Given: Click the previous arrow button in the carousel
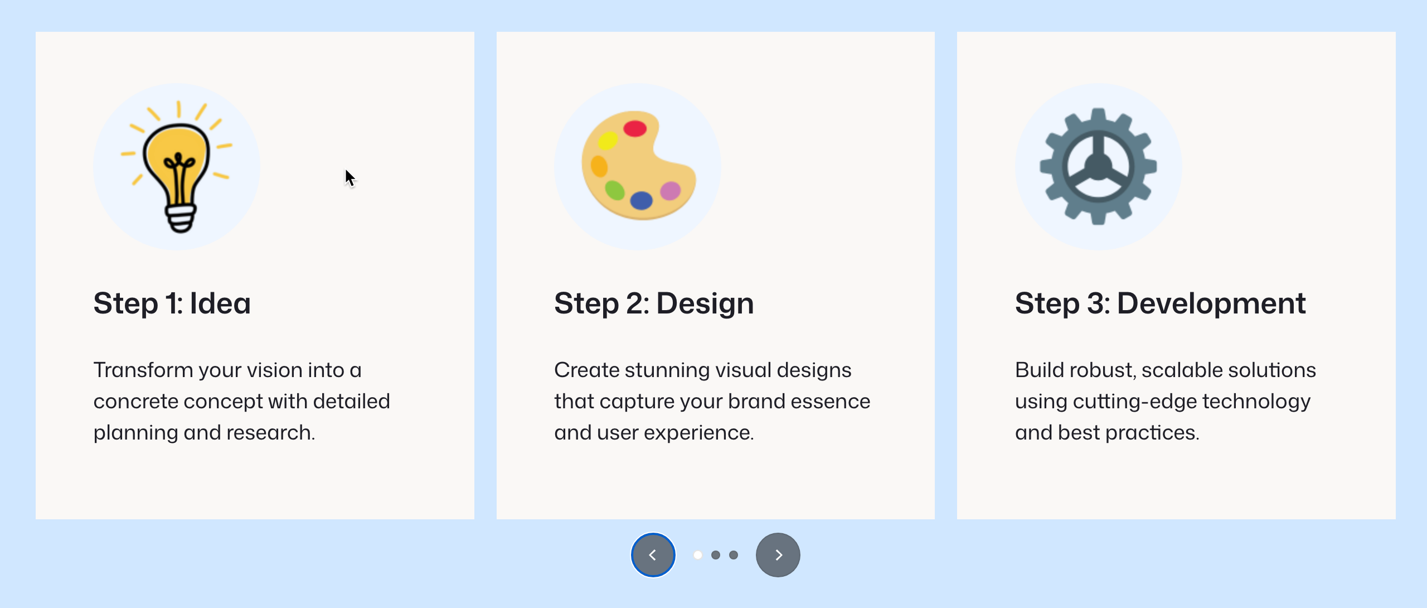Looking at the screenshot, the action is click(x=653, y=555).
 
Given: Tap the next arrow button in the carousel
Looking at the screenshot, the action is click(x=778, y=555).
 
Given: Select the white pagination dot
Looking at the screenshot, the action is click(x=698, y=555).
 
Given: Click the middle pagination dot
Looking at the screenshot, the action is click(x=716, y=555).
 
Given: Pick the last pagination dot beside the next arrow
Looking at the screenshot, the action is click(x=734, y=555).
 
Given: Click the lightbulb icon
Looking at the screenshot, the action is click(x=177, y=167).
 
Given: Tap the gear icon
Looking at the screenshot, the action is click(x=1098, y=166).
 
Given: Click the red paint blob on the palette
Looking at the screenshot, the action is click(x=635, y=129).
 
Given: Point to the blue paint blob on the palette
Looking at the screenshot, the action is click(x=642, y=200).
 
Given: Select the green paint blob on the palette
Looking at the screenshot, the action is click(x=615, y=190).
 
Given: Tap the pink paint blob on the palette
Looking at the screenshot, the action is click(x=671, y=191).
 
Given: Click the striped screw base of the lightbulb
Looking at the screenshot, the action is click(x=181, y=219).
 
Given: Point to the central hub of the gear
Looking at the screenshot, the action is click(x=1098, y=166).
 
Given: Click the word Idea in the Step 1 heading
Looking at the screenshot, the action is click(x=220, y=303).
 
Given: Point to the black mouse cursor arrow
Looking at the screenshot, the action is click(x=350, y=178).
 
